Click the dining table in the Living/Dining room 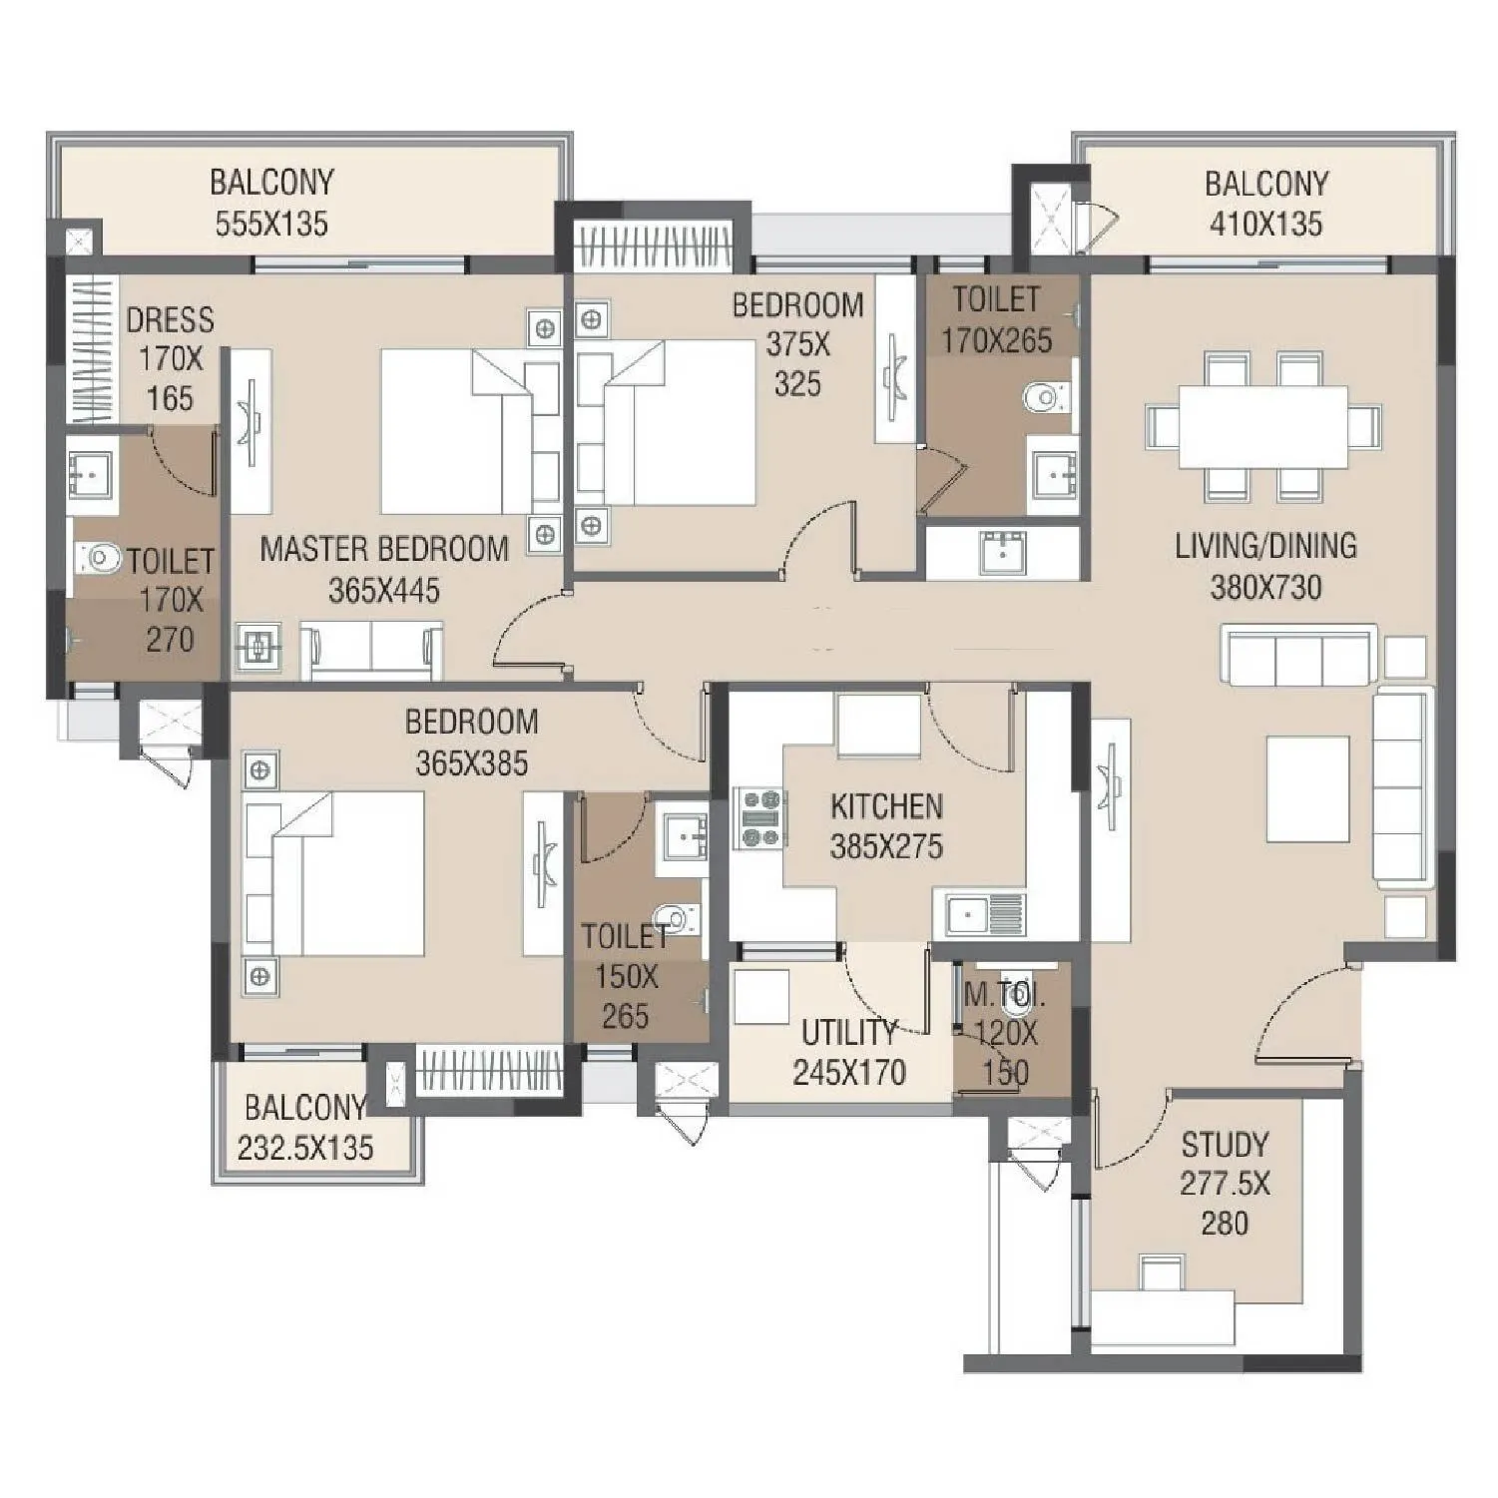(1262, 426)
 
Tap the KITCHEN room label (886, 805)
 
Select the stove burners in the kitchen (759, 818)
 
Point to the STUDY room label (1225, 1144)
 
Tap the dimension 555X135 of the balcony (271, 224)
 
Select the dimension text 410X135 (1265, 224)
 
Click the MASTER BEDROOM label (384, 549)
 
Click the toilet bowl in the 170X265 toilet (1044, 398)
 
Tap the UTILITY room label (849, 1032)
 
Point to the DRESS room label (170, 320)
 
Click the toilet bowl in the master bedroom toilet (97, 555)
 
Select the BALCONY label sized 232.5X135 (305, 1107)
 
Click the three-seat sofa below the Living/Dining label (1298, 657)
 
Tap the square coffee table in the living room (1307, 788)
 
